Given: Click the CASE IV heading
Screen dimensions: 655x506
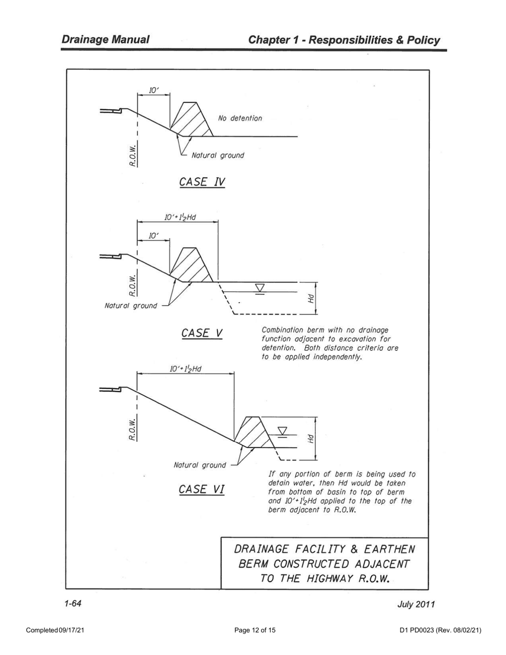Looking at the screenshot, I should pos(202,182).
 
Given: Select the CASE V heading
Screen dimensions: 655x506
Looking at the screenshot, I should pos(201,333).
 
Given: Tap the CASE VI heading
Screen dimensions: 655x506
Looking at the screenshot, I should pos(201,489).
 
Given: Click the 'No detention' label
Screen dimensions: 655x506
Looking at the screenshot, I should pos(240,118).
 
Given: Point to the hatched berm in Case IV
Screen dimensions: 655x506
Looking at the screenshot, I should pos(191,119).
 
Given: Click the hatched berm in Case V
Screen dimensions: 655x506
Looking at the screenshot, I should pos(191,265).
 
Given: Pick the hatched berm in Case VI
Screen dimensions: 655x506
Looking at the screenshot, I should pos(253,432).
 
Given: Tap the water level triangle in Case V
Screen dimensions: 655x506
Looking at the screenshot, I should pos(260,288).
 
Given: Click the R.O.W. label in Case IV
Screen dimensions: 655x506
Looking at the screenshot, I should pos(132,155).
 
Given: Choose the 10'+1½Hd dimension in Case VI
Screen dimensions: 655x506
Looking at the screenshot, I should pos(185,369).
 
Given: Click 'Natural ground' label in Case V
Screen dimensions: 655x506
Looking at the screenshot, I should pos(131,306).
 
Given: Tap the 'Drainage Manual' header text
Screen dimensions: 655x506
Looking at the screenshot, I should pos(105,39).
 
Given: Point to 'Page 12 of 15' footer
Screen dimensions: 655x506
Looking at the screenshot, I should pos(255,631).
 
